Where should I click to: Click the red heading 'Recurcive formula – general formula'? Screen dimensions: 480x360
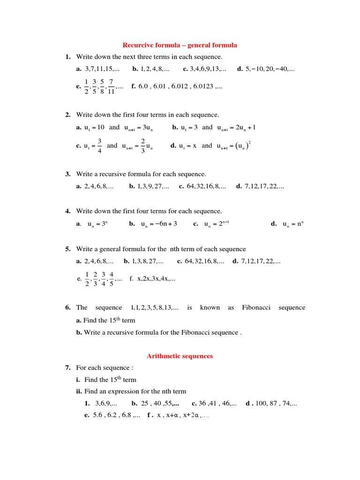180,45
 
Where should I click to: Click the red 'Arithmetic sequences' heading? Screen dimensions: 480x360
180,356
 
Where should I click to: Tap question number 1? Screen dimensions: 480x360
68,57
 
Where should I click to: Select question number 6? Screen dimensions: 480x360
68,307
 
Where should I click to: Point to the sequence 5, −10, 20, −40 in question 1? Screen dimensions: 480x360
270,69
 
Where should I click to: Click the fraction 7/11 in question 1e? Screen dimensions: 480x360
111,87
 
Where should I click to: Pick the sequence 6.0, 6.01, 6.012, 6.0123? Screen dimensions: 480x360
180,87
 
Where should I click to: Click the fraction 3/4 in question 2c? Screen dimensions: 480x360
100,146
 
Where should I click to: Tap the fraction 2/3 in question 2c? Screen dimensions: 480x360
143,146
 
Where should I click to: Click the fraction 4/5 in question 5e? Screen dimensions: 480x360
112,278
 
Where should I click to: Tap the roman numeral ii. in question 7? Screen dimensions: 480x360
79,391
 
